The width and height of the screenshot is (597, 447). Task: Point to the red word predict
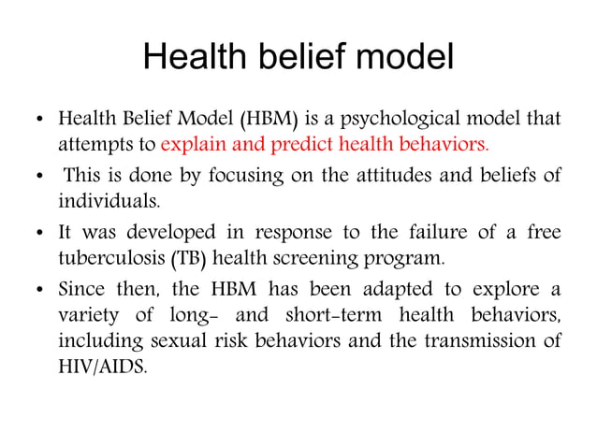pyautogui.click(x=304, y=146)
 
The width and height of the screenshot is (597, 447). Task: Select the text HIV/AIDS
pyautogui.click(x=101, y=365)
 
